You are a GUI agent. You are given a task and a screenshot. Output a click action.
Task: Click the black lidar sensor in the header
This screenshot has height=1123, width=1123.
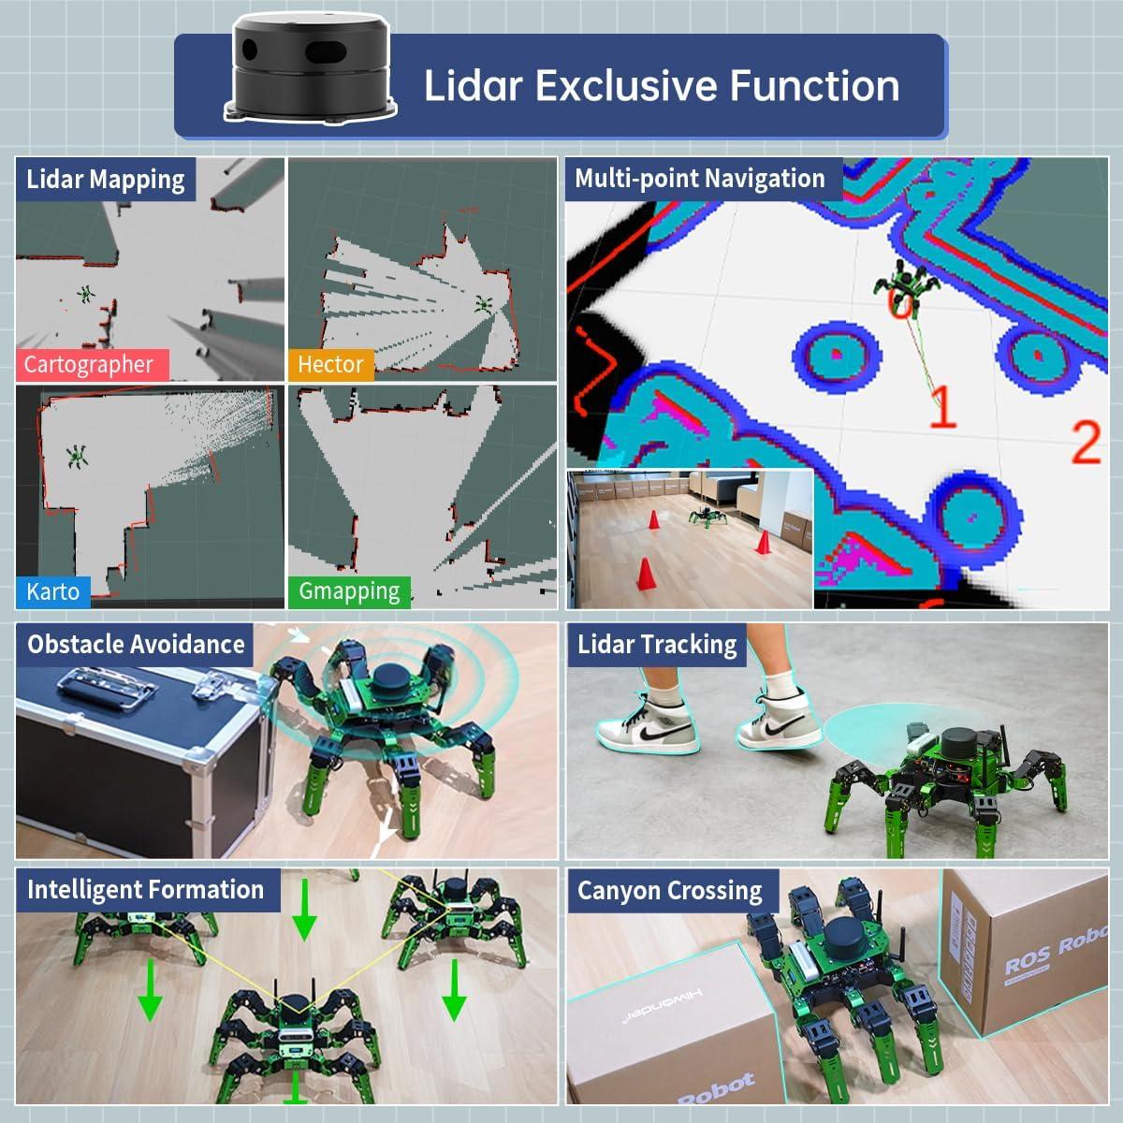(309, 70)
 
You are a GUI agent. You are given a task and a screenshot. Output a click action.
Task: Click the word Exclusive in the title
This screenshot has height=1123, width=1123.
(626, 85)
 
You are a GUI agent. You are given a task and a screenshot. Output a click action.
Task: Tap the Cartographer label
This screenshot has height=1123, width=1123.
(89, 364)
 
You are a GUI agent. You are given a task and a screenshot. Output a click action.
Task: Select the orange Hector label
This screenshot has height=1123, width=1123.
(330, 364)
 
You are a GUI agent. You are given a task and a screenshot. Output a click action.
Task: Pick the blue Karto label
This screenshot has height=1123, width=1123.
(52, 591)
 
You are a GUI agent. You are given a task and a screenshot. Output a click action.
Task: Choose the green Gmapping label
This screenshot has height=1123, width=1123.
(349, 591)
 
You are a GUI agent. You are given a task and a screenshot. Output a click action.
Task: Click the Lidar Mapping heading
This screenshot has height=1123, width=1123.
(106, 179)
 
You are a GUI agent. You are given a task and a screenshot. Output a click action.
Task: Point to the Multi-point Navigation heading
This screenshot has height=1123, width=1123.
(700, 179)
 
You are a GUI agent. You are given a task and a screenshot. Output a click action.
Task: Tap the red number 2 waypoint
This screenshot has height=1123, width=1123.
(1086, 442)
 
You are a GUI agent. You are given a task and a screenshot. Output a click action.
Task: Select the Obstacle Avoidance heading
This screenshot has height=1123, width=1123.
(136, 644)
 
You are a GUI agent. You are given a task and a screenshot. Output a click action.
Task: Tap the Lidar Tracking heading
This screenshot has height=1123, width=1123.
(657, 644)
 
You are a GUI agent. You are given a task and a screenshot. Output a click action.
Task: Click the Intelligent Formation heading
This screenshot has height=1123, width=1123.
(146, 889)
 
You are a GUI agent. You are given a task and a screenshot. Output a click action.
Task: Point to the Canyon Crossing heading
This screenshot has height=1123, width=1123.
(670, 890)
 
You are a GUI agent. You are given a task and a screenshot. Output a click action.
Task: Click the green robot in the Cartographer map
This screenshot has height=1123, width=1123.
(86, 294)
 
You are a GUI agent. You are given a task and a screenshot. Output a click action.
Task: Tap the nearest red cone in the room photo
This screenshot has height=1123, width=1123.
(645, 574)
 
